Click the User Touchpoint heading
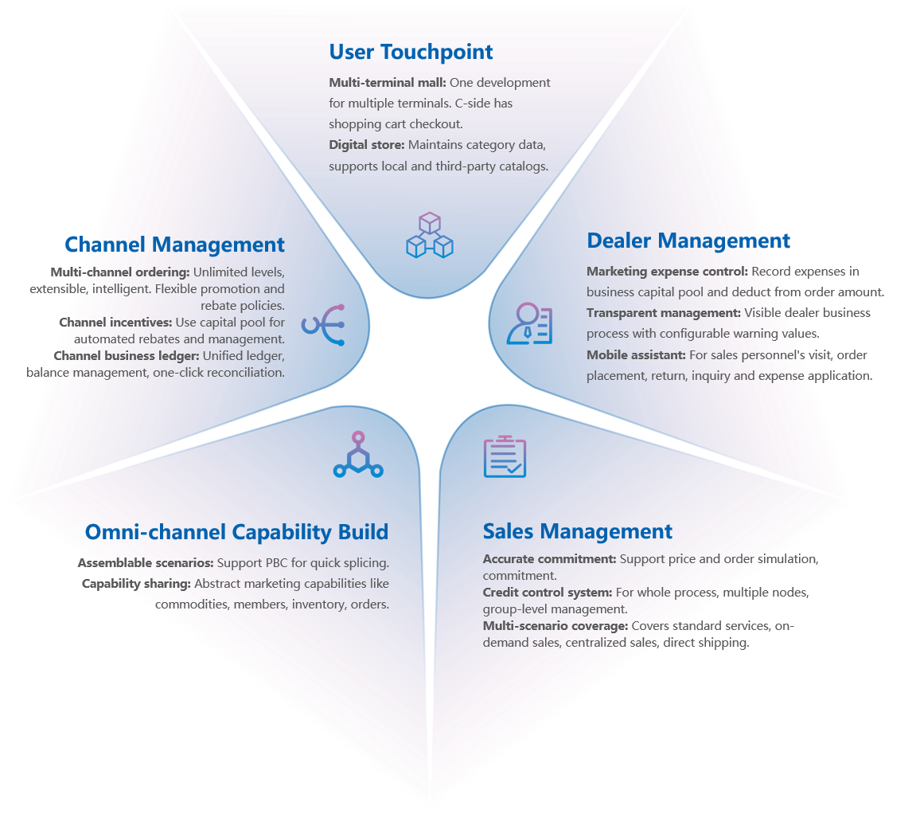(411, 53)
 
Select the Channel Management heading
(174, 245)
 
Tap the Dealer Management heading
(688, 241)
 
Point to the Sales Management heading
(578, 531)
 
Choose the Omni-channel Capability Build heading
(236, 532)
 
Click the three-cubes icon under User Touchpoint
(429, 235)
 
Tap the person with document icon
(529, 323)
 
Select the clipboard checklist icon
(505, 457)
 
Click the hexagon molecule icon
(358, 456)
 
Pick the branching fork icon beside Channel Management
(323, 324)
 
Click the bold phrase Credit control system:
(548, 593)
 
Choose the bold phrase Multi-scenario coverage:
(556, 626)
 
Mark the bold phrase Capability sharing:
(136, 584)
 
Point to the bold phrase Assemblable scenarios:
(146, 563)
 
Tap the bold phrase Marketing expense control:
(667, 272)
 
